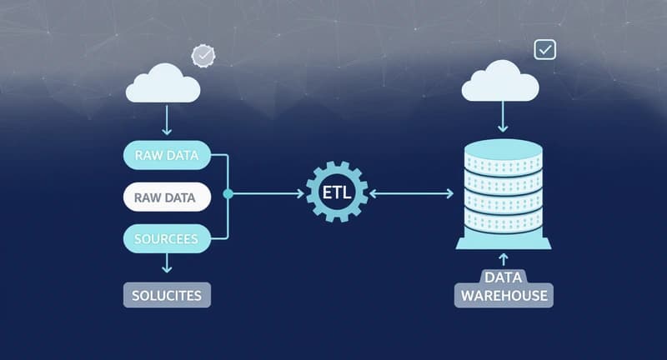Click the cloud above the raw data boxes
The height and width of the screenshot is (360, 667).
[x=164, y=83]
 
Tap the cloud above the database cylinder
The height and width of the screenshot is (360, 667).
[x=500, y=83]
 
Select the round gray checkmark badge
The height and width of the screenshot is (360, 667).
[x=203, y=56]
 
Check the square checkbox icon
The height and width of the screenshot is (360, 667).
[x=545, y=49]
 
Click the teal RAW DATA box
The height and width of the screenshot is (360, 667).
[x=167, y=155]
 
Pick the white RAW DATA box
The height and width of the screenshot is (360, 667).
[x=167, y=198]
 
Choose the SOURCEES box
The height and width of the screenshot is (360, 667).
[x=167, y=239]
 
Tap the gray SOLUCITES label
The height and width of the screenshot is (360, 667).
[x=167, y=294]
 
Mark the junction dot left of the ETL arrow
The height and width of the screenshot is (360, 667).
[x=228, y=193]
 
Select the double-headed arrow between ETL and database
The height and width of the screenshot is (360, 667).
[x=411, y=193]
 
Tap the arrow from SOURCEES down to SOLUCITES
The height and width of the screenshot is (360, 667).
[x=167, y=264]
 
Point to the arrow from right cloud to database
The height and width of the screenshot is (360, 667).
[x=502, y=119]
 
